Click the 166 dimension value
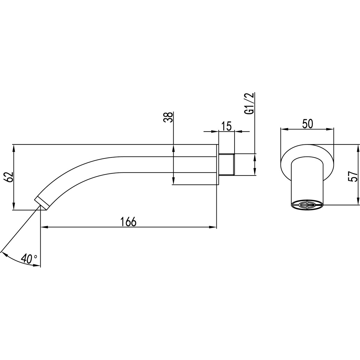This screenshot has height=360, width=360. point(128,222)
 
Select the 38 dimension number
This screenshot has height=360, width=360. point(168,117)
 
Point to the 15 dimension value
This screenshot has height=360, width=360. point(226,126)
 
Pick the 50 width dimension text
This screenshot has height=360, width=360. point(307,124)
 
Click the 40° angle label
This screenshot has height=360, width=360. point(29,259)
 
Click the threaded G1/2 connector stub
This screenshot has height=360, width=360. point(227,165)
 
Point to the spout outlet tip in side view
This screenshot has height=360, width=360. point(42,200)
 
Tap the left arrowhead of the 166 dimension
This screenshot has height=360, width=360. point(44,227)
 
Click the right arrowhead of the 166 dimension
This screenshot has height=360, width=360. point(213,227)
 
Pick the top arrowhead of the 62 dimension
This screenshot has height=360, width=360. point(14,148)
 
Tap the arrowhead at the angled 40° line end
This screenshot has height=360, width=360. point(4,254)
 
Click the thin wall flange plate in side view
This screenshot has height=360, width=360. point(217,165)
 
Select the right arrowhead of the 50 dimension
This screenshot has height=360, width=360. point(330,129)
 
